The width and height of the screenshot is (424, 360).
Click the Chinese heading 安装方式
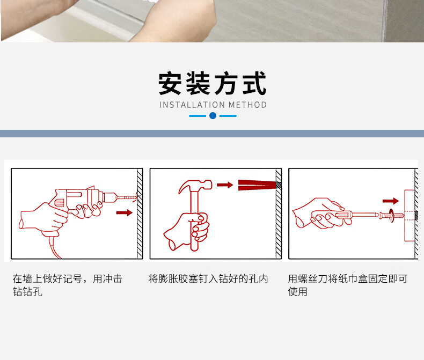(213, 83)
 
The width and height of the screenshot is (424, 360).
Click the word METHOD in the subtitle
(248, 105)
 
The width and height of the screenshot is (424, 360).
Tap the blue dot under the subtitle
(213, 116)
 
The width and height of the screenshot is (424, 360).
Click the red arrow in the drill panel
(125, 212)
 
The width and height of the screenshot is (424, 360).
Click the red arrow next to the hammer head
(225, 185)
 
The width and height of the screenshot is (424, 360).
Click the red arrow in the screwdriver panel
(391, 201)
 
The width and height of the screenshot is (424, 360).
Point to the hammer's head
(195, 186)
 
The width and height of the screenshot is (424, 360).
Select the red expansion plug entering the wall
(258, 185)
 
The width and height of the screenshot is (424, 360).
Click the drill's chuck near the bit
(110, 197)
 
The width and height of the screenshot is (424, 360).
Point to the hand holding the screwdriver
(319, 213)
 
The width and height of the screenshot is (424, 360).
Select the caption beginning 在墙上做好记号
(67, 285)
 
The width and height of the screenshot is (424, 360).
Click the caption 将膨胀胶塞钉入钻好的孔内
(208, 278)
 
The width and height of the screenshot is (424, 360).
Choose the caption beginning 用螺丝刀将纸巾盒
(347, 285)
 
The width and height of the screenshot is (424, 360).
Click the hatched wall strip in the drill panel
(140, 214)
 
